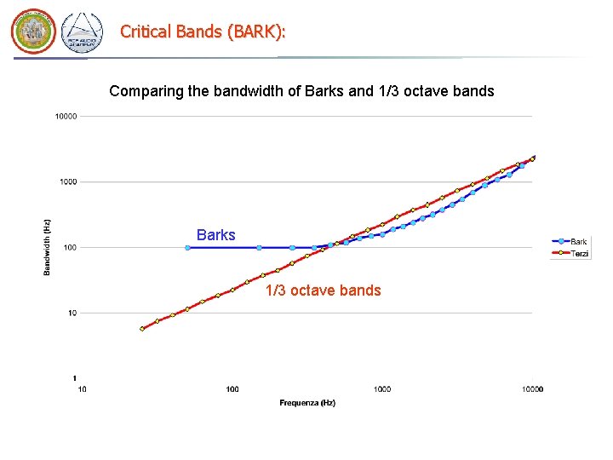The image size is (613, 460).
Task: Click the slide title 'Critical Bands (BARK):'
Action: pyautogui.click(x=203, y=32)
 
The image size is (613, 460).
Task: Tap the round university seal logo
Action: pyautogui.click(x=32, y=32)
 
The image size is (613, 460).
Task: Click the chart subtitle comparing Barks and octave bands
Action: pyautogui.click(x=301, y=90)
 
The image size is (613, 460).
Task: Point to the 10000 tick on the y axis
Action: pyautogui.click(x=66, y=116)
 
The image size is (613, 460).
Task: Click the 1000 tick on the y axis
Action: pyautogui.click(x=67, y=181)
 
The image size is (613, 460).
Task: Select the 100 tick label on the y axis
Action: pyautogui.click(x=69, y=248)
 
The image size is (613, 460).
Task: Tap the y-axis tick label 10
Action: pyautogui.click(x=72, y=313)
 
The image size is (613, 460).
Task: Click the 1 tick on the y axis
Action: pyautogui.click(x=75, y=378)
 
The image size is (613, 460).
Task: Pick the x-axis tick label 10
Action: pyautogui.click(x=82, y=389)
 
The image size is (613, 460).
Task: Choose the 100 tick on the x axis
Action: pyautogui.click(x=232, y=389)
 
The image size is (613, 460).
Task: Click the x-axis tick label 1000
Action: pyautogui.click(x=382, y=389)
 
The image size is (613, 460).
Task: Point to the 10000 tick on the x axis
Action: pyautogui.click(x=532, y=389)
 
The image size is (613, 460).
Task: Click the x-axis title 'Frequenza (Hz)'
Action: pyautogui.click(x=307, y=403)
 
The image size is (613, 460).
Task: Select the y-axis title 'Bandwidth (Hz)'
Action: pyautogui.click(x=47, y=247)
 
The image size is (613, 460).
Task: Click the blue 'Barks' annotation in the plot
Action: pyautogui.click(x=215, y=235)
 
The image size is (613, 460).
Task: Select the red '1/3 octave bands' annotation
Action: pyautogui.click(x=323, y=290)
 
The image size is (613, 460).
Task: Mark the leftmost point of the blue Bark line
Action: pyautogui.click(x=187, y=248)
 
